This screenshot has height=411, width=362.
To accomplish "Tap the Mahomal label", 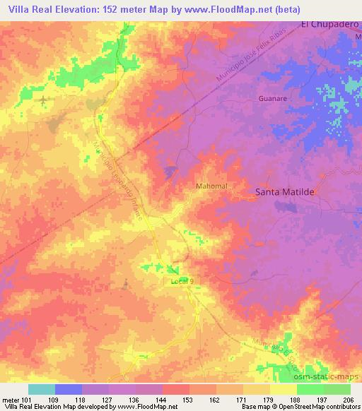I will [x=210, y=186].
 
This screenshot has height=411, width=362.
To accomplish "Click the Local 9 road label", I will [x=182, y=281].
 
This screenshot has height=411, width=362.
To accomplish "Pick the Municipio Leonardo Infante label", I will [x=118, y=182].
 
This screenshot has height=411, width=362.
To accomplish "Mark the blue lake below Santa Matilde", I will [x=286, y=206].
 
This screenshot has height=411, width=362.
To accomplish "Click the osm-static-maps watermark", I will [x=332, y=376].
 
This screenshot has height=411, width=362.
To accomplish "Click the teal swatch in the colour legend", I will [x=41, y=389].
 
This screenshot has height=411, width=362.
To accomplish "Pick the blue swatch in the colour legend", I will [x=69, y=389].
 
